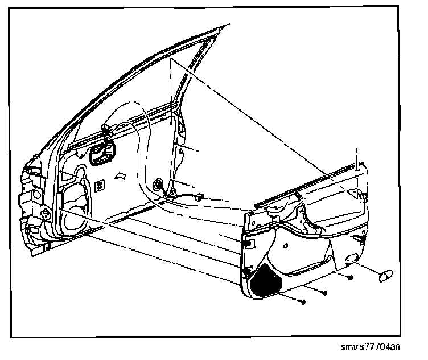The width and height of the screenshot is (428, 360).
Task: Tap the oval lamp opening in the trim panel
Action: (x=351, y=259)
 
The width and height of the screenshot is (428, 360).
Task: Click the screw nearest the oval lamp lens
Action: (x=350, y=277)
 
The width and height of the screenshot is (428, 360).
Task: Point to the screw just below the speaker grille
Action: (x=303, y=301)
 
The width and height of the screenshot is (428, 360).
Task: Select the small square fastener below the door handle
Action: (x=100, y=184)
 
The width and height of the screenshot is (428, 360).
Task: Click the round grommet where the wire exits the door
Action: (x=158, y=185)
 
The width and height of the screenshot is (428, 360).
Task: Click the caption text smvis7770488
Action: (x=370, y=346)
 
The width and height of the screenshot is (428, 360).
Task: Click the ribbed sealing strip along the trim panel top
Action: (x=307, y=183)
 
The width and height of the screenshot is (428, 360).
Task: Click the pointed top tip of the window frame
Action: (x=229, y=24)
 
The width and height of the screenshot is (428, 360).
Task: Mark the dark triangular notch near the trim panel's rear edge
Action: (x=362, y=195)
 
